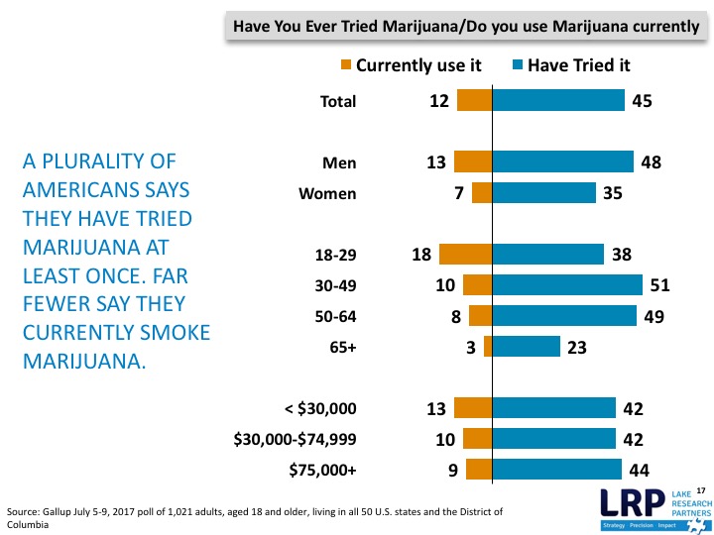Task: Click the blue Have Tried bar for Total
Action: click(558, 101)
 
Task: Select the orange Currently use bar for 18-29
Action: click(465, 255)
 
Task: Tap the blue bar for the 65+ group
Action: click(527, 347)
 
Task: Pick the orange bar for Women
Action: click(482, 193)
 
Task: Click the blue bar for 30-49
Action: click(567, 285)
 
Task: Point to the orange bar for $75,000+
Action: click(479, 470)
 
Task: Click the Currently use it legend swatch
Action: click(346, 65)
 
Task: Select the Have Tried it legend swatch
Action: click(517, 65)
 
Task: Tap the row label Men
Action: click(339, 163)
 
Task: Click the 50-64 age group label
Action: click(335, 316)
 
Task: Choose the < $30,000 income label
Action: click(320, 408)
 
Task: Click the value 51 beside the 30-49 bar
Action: click(660, 285)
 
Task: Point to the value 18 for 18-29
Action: click(420, 255)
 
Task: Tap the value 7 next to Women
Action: click(459, 193)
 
